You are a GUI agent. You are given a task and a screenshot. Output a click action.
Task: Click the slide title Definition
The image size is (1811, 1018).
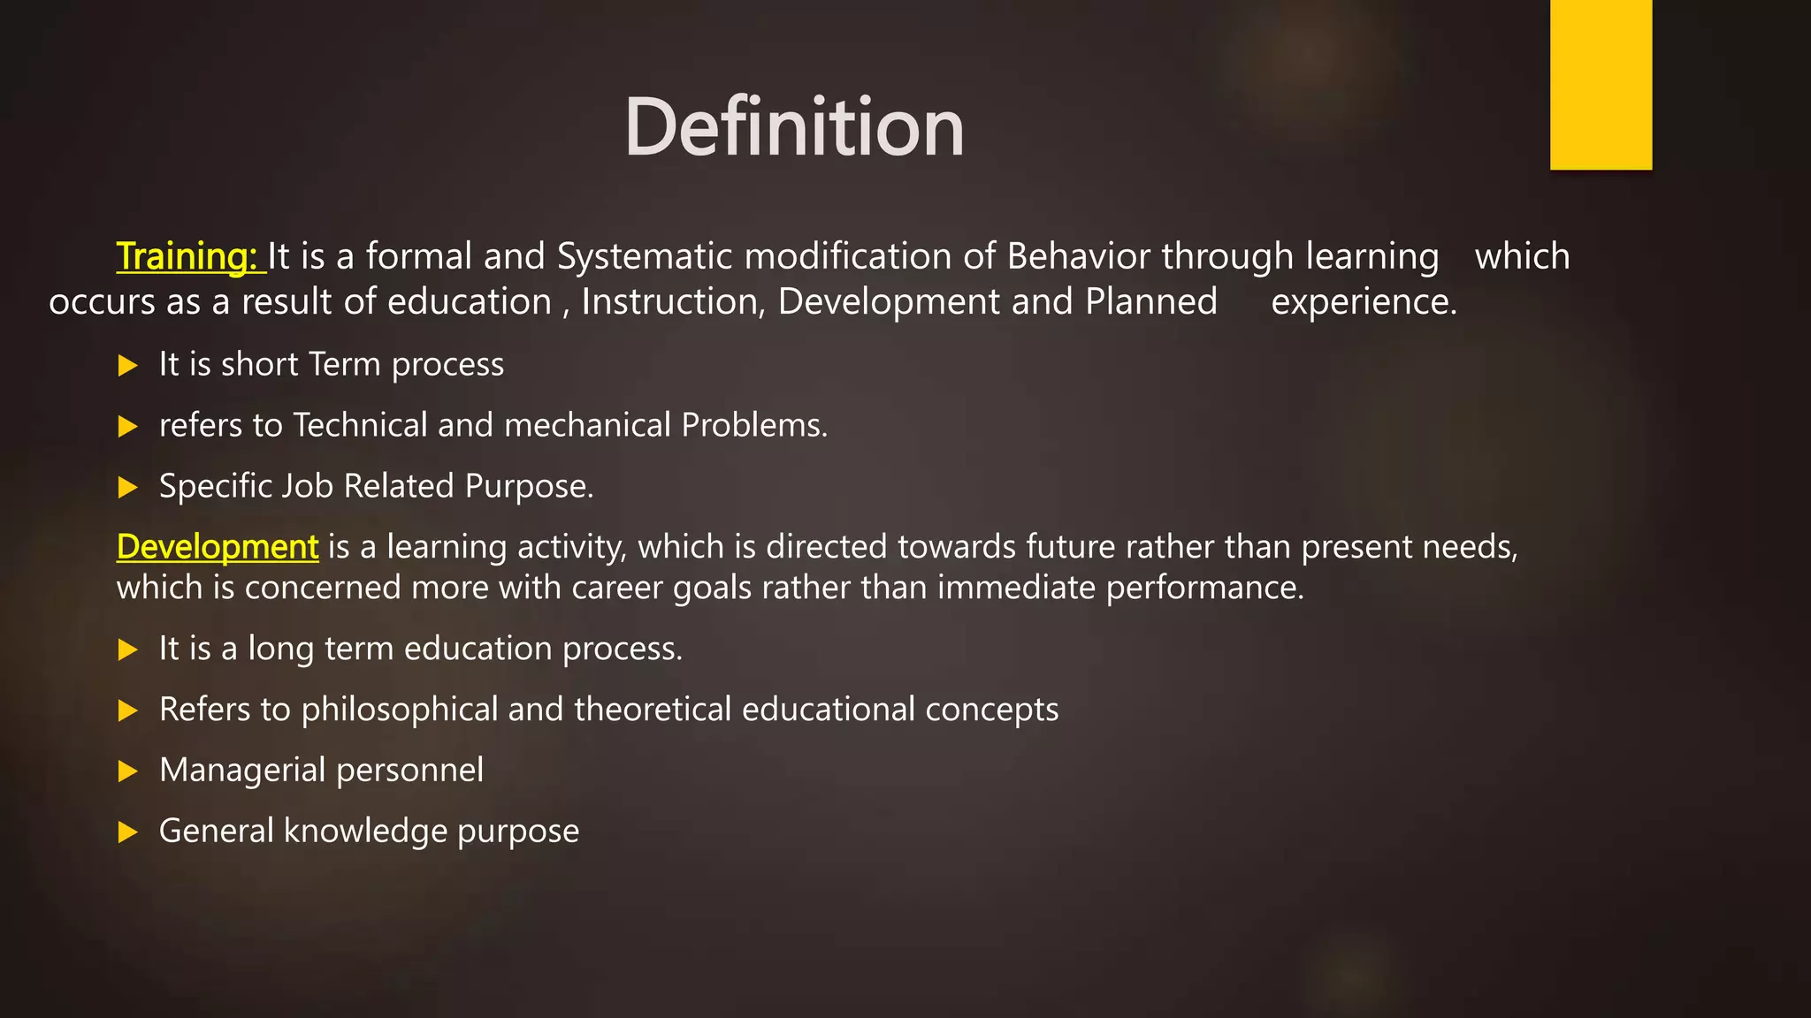[793, 128]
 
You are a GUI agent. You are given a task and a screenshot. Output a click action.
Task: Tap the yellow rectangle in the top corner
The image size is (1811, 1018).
[1601, 85]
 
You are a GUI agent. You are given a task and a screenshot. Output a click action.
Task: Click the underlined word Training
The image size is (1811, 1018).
[187, 256]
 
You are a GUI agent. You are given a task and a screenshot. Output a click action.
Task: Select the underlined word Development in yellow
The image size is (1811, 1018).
[218, 547]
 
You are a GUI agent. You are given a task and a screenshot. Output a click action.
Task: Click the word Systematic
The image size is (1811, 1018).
[645, 256]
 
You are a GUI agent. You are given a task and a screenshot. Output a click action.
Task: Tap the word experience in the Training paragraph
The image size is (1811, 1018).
[1363, 302]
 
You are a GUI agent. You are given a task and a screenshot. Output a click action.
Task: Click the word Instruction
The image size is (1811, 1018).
[673, 302]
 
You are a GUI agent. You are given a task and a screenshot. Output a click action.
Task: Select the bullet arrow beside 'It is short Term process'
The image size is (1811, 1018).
[128, 366]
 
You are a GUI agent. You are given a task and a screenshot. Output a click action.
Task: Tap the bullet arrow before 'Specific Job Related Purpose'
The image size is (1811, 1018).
[128, 487]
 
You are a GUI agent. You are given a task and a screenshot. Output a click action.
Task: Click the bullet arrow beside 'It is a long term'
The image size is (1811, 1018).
[128, 650]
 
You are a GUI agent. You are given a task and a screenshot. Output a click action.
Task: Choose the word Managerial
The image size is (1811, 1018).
[242, 771]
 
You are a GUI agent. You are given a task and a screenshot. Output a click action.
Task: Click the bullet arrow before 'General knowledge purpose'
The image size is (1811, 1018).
[128, 832]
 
